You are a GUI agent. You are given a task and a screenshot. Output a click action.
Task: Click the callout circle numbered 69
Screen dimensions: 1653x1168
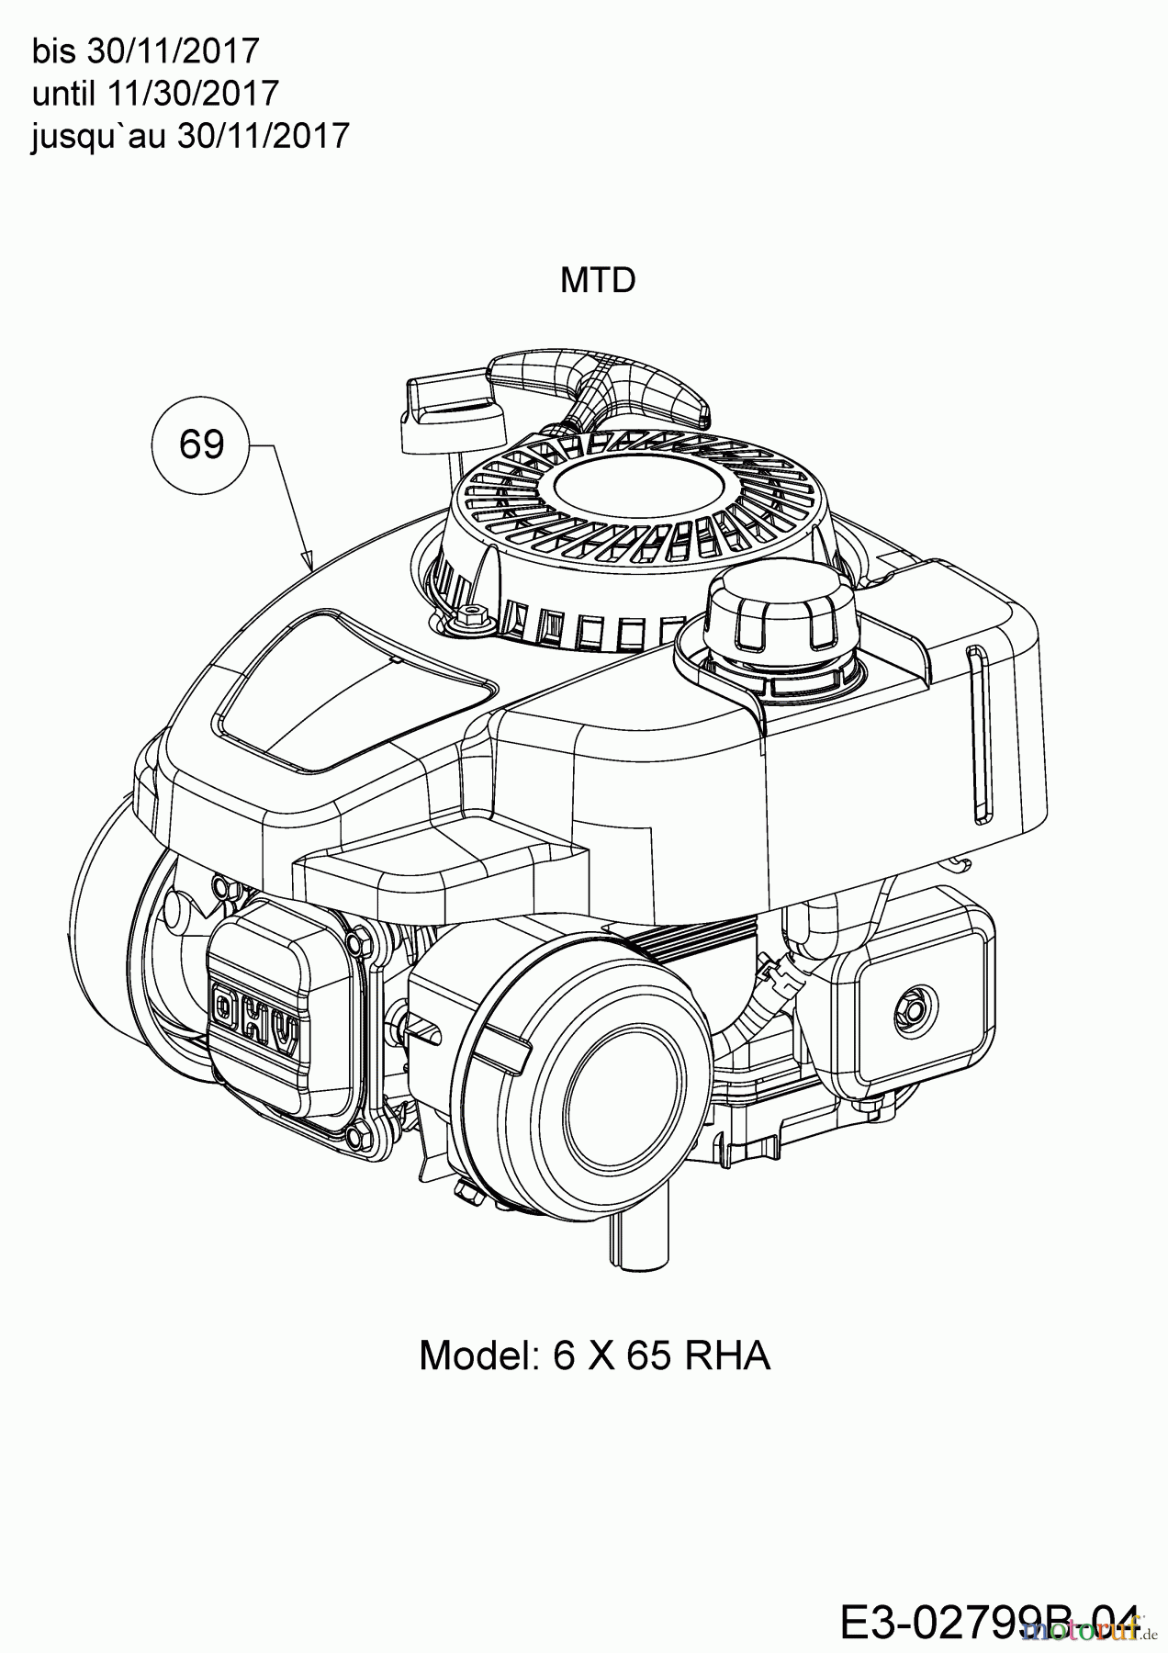click(201, 444)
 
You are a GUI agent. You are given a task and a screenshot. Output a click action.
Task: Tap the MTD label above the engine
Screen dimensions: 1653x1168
click(598, 280)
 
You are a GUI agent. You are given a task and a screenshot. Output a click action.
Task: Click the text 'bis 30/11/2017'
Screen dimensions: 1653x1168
click(146, 51)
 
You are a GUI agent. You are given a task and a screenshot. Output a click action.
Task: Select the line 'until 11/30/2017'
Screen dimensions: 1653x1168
click(155, 93)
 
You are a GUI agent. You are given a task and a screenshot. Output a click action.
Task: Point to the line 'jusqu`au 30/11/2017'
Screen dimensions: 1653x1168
click(190, 135)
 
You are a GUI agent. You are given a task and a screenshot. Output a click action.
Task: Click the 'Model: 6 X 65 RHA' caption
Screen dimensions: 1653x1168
click(594, 1355)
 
